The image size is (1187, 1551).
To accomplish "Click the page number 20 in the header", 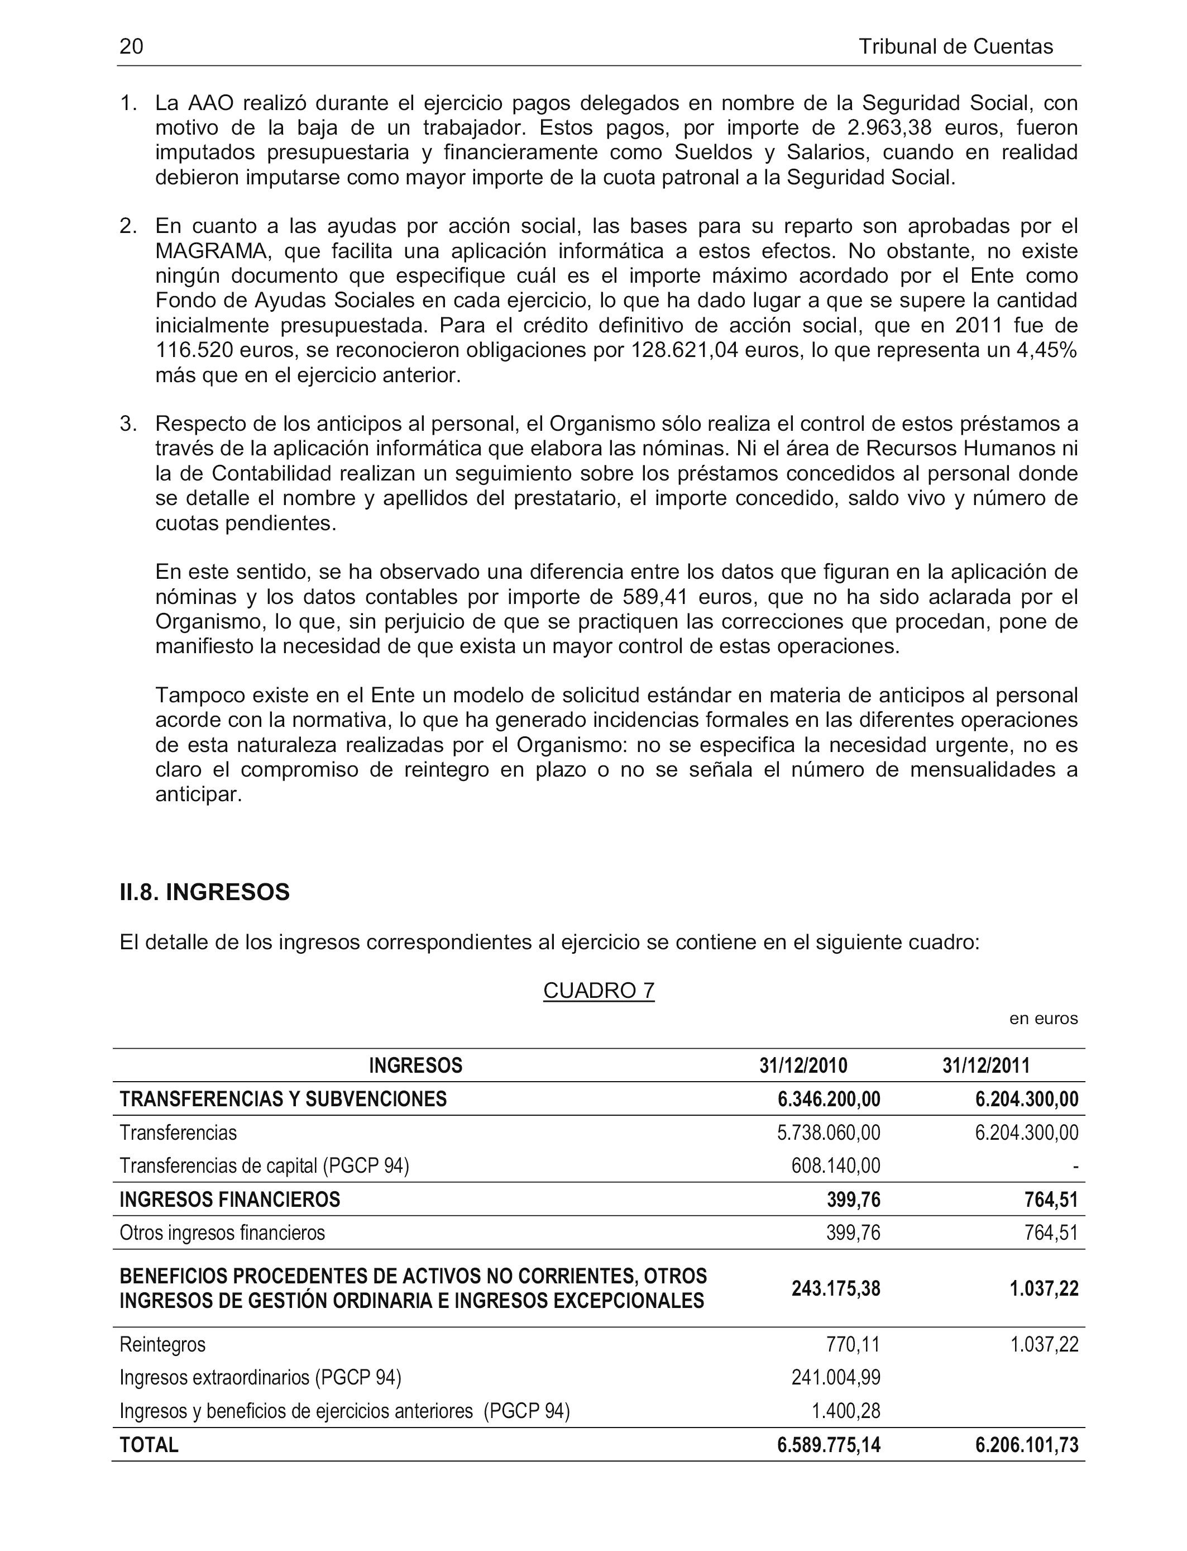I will coord(131,47).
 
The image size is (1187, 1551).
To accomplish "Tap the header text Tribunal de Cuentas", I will coord(955,47).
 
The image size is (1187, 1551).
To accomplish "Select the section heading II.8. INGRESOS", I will coord(205,892).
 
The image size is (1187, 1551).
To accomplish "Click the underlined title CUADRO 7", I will coord(599,991).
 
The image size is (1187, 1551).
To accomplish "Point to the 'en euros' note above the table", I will coord(1043,1019).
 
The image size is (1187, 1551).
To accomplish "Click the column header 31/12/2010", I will coord(803,1065).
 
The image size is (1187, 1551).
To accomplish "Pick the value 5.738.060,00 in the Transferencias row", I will coord(828,1133).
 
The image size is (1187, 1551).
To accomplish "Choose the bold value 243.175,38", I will coord(835,1289).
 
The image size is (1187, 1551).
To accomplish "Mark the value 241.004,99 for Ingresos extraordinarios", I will coord(835,1377).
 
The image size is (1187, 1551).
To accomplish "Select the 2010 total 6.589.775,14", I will coord(828,1445).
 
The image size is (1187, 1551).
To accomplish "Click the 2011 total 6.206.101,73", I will coord(1027,1445).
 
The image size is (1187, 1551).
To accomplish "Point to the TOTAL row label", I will coord(149,1445).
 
